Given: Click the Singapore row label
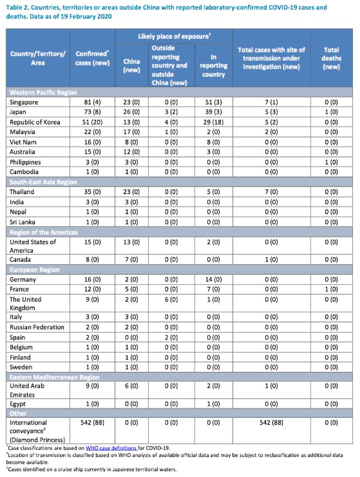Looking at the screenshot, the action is (x=24, y=102).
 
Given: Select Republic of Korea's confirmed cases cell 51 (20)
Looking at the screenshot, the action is (x=93, y=122).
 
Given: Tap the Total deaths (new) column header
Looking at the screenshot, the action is (x=331, y=58).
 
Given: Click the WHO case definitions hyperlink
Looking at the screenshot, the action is (x=111, y=448).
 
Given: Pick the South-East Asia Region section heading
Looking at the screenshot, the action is (x=43, y=182).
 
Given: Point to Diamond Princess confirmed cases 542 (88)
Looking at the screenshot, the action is (x=93, y=423).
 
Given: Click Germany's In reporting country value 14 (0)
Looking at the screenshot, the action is (x=214, y=279).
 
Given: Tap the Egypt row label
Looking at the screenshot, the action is (x=18, y=404).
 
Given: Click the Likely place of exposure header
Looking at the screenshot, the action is (x=174, y=37).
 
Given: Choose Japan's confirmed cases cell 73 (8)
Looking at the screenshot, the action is (x=93, y=112).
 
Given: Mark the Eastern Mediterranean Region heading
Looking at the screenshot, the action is (x=54, y=377).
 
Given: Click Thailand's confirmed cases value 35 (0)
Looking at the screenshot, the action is (x=93, y=192).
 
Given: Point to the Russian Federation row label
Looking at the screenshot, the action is (x=37, y=327).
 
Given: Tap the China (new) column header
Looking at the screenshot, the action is (x=132, y=66).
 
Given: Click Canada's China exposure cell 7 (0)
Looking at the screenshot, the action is (x=132, y=259).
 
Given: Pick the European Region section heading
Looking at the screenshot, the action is (x=34, y=270).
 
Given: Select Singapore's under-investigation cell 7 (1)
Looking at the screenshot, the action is (x=271, y=102).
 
